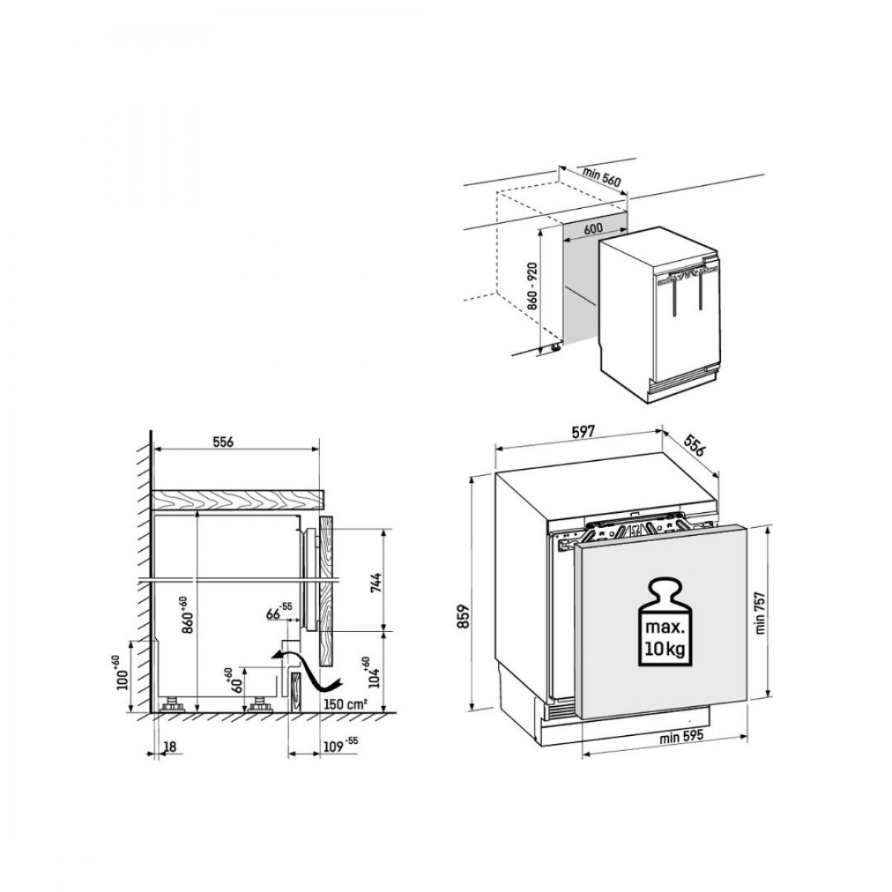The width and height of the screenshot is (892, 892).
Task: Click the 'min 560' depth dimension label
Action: (602, 177)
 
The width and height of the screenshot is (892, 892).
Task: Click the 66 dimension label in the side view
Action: (279, 613)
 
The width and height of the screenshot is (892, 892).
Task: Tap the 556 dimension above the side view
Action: (224, 442)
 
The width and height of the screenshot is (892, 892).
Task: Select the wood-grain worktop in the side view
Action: (238, 500)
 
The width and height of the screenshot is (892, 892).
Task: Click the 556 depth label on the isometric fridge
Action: (694, 445)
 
